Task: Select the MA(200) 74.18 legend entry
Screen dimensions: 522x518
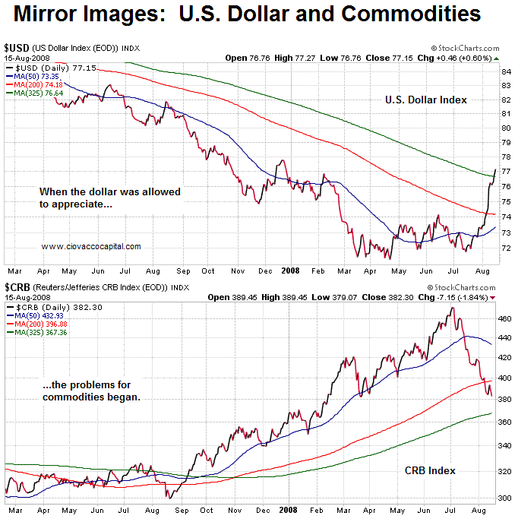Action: (36, 85)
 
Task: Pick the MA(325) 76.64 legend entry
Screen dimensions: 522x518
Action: (36, 93)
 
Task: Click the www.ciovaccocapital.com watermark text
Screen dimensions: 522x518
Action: (91, 246)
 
